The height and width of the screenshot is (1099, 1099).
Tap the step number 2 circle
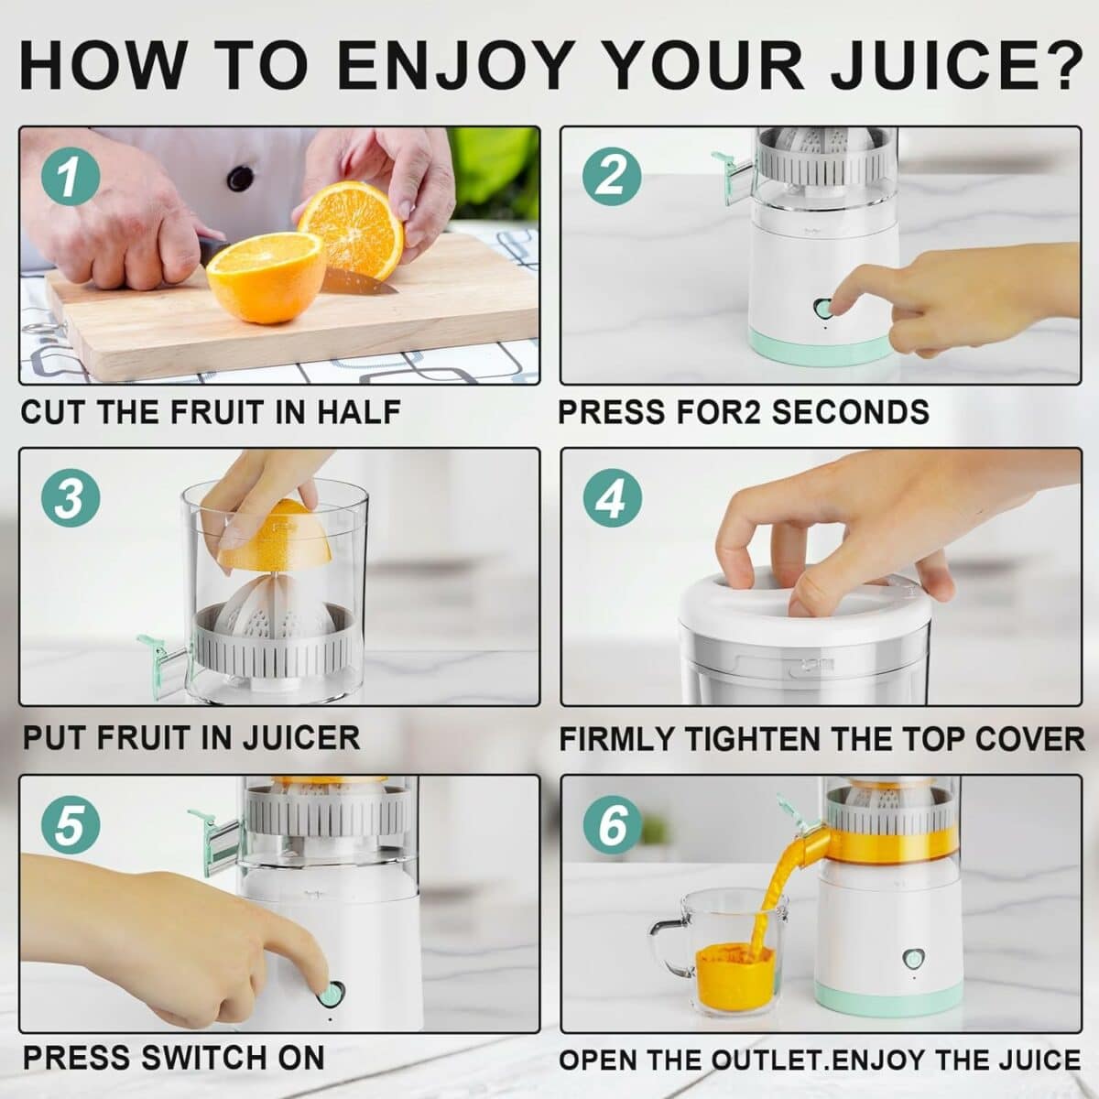pyautogui.click(x=611, y=174)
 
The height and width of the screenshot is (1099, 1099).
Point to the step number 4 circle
pyautogui.click(x=611, y=499)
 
